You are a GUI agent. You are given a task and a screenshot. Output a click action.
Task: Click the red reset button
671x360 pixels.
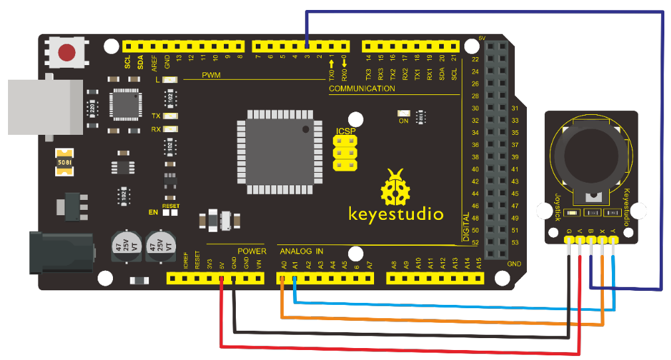66,52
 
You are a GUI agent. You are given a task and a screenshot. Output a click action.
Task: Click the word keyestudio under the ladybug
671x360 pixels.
397,214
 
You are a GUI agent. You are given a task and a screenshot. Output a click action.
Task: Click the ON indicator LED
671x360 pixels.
403,114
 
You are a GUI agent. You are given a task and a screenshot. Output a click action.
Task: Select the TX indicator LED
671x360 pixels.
171,116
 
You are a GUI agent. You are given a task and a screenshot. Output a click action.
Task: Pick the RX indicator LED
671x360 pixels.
171,129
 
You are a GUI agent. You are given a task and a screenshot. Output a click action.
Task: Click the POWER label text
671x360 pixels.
252,252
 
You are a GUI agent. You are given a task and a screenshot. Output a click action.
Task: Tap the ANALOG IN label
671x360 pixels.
302,252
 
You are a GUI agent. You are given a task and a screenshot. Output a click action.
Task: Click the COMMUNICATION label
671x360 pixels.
362,88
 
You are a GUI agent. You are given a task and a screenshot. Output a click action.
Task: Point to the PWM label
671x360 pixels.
211,76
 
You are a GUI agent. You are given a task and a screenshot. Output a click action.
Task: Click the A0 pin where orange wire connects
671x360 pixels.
284,278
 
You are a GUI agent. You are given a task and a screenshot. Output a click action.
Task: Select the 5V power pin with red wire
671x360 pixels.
221,278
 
